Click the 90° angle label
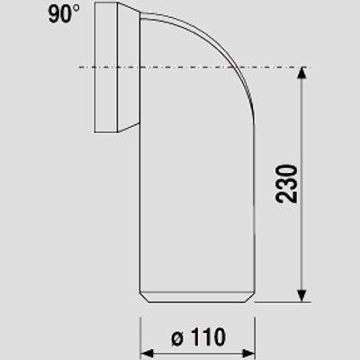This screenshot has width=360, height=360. (x=64, y=13)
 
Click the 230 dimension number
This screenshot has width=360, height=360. (x=286, y=184)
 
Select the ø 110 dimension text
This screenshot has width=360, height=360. (x=198, y=337)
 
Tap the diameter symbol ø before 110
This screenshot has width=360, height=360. (x=177, y=338)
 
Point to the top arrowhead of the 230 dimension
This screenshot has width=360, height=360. (x=301, y=73)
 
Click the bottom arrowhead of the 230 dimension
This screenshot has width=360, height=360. (x=301, y=295)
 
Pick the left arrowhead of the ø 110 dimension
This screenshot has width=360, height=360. (x=147, y=354)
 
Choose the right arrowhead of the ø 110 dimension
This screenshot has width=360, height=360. (x=248, y=354)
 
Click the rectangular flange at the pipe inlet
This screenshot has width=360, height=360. (x=106, y=67)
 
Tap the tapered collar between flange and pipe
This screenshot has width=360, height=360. (x=129, y=67)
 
